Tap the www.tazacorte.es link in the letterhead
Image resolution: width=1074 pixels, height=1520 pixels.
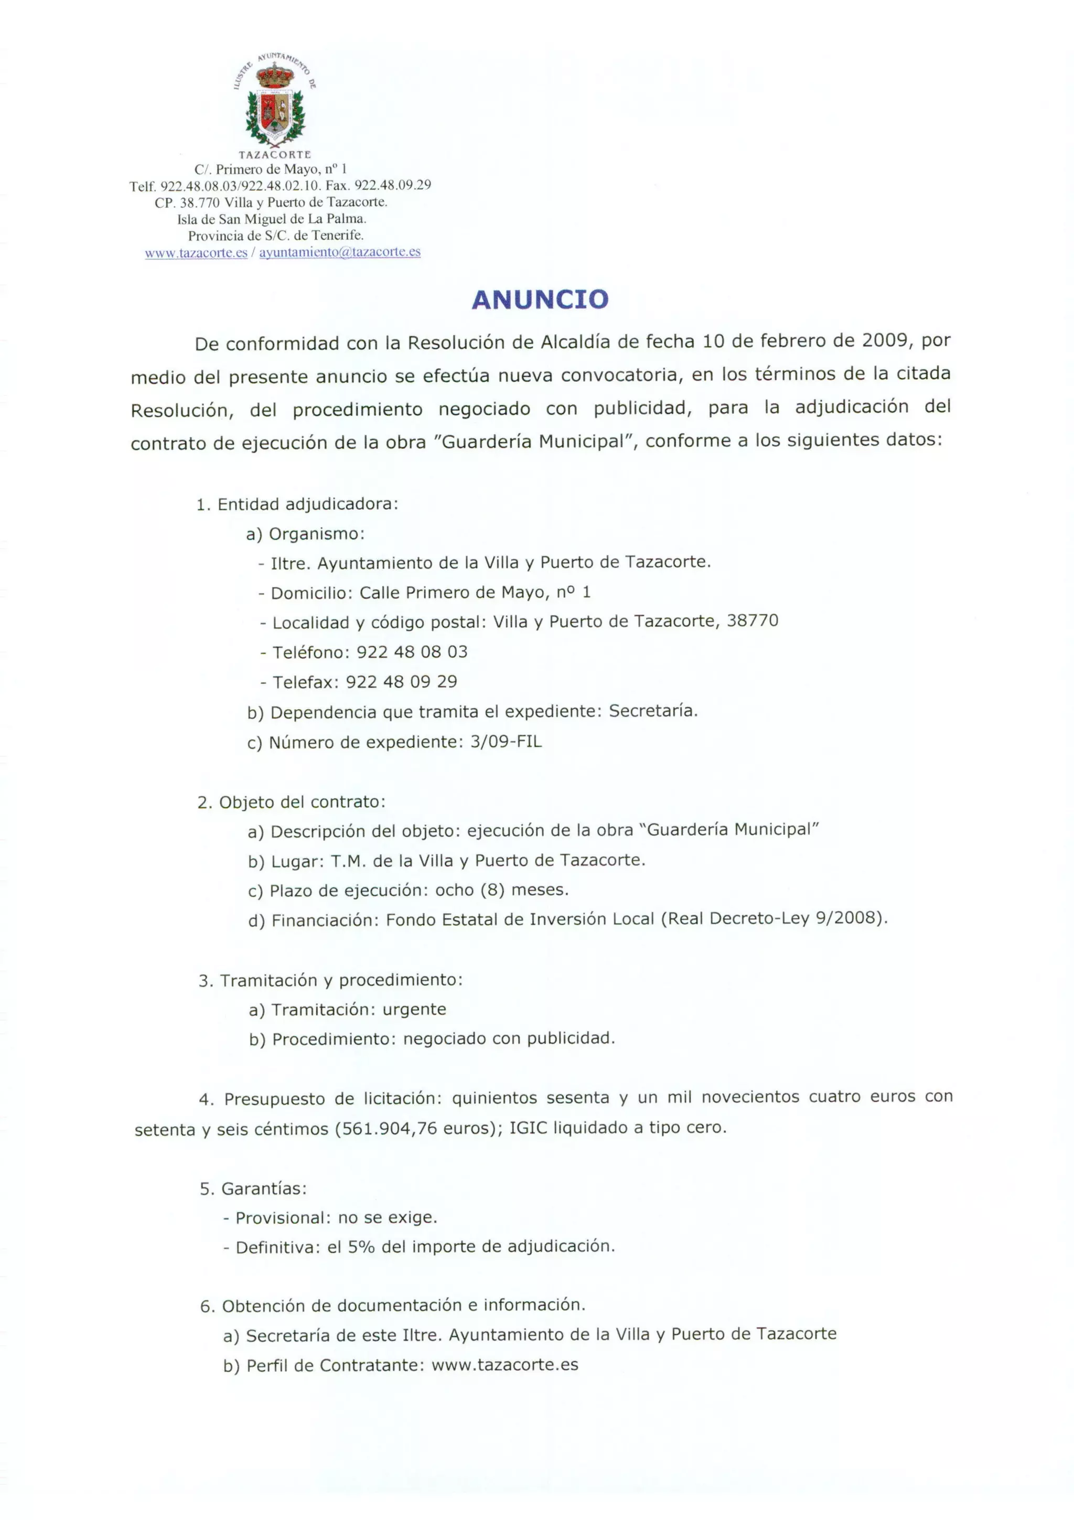pyautogui.click(x=196, y=253)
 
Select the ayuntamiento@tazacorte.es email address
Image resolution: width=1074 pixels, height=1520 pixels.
pyautogui.click(x=339, y=252)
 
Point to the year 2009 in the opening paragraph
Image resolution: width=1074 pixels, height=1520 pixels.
pyautogui.click(x=884, y=340)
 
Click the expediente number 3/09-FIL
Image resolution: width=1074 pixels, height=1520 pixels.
pyautogui.click(x=506, y=742)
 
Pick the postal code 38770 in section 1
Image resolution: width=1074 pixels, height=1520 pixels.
pyautogui.click(x=753, y=620)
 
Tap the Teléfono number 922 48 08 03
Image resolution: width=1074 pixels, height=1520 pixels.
pyautogui.click(x=412, y=652)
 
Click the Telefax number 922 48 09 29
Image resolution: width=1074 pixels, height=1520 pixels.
pyautogui.click(x=401, y=682)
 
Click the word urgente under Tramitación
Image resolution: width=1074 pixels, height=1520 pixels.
pyautogui.click(x=414, y=1009)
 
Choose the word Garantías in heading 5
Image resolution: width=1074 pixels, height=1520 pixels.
pyautogui.click(x=263, y=1189)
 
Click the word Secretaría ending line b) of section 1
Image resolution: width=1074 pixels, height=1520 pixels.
pyautogui.click(x=652, y=711)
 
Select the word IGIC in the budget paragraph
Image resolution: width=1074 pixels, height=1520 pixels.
pyautogui.click(x=529, y=1128)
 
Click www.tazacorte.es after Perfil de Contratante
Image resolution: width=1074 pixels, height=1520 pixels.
pyautogui.click(x=505, y=1365)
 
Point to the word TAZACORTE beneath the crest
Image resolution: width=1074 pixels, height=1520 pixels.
pyautogui.click(x=275, y=155)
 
